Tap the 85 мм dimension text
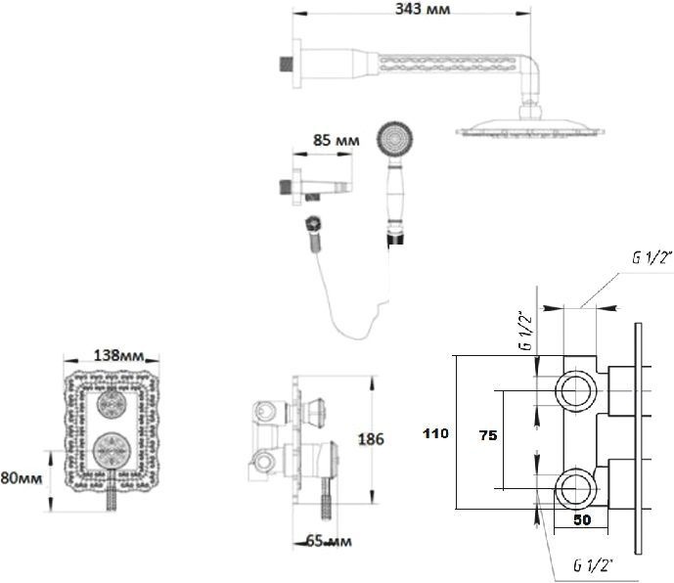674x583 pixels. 334,141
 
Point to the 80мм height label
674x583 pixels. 20,478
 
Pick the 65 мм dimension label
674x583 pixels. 330,541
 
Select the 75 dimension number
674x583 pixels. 485,438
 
